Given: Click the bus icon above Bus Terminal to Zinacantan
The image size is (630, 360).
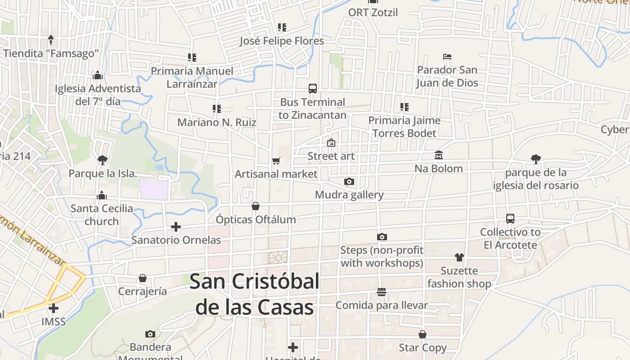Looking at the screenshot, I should [x=312, y=88].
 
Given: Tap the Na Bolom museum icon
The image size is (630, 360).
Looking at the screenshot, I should [x=439, y=155].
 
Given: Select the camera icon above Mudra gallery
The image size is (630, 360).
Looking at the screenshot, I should [x=349, y=182].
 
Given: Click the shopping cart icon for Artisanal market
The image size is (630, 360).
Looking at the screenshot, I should [x=276, y=161].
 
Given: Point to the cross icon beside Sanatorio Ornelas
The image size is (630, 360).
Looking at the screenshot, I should [x=176, y=227].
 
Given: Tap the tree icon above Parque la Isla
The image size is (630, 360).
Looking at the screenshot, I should [x=103, y=160].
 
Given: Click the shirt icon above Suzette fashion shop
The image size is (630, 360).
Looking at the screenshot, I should [x=459, y=257].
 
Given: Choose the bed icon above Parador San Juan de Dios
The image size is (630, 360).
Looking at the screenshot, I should [x=447, y=57].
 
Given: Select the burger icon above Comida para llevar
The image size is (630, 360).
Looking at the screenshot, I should [x=382, y=292].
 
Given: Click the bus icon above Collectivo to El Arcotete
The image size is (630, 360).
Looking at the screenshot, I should [x=510, y=219].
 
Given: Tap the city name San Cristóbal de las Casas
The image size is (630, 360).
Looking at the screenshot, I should [x=255, y=294].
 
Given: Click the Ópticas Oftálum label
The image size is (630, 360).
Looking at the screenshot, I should [x=256, y=220].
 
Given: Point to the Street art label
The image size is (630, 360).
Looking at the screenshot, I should [x=331, y=156].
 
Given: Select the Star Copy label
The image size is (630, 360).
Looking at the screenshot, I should [x=423, y=348].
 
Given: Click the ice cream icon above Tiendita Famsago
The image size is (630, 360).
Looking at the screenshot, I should [x=51, y=40].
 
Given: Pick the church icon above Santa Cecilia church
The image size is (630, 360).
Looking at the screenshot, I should [x=102, y=195].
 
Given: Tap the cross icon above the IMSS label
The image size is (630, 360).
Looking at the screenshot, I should [x=54, y=308].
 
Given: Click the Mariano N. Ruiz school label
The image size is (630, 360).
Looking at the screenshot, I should [x=216, y=122].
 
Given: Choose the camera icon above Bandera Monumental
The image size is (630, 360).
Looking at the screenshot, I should [x=150, y=334].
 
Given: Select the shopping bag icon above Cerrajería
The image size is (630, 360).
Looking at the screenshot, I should [x=143, y=278].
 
